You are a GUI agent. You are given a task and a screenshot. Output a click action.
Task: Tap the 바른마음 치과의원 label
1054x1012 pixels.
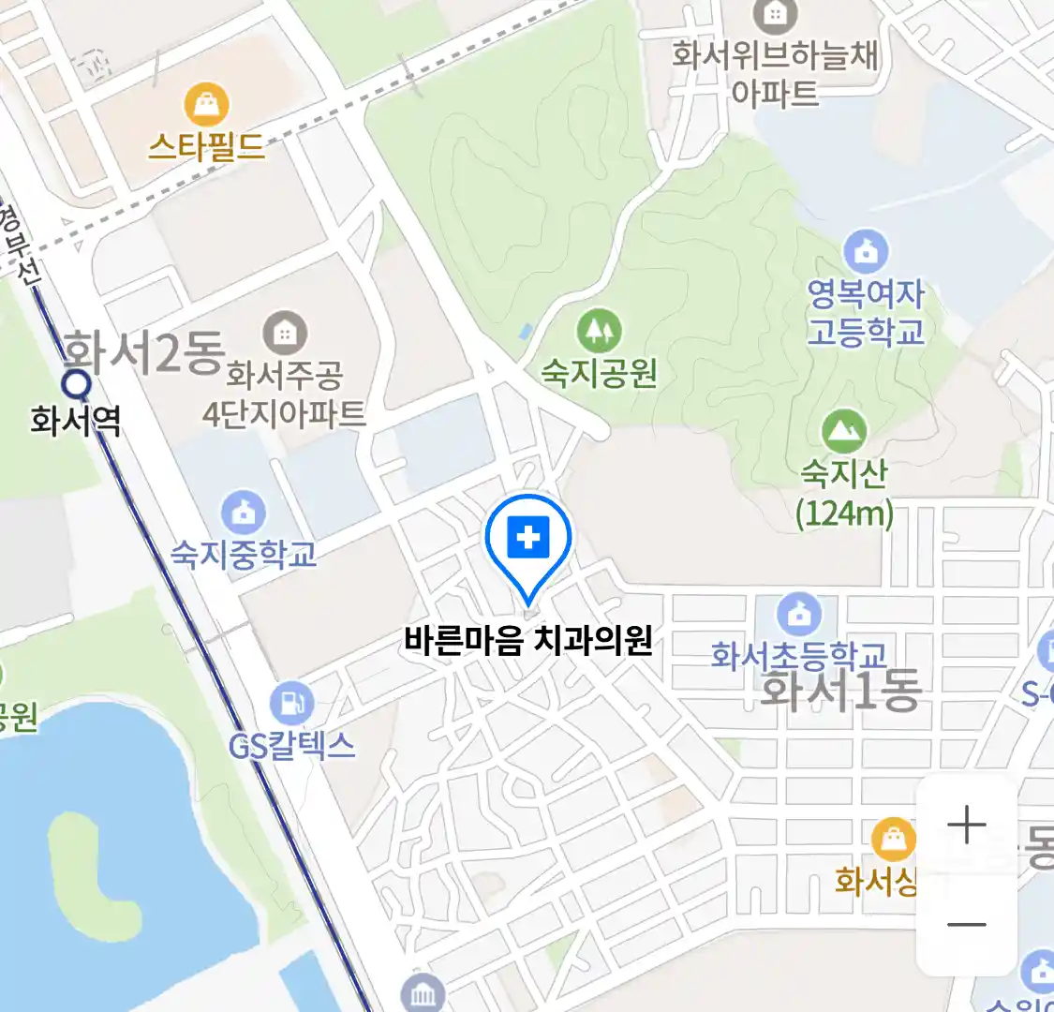tap(528, 641)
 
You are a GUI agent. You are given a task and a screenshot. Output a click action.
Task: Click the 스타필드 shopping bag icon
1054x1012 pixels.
tap(207, 104)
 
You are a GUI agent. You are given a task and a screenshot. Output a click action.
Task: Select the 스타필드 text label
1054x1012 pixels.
tap(207, 147)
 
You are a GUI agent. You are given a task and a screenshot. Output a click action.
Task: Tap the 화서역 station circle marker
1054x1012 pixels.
tap(76, 383)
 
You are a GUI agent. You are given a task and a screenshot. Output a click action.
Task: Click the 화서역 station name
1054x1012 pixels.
tap(75, 420)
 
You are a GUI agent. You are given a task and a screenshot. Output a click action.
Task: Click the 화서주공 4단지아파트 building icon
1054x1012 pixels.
tap(285, 333)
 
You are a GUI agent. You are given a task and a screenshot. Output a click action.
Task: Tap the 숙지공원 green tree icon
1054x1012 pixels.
tap(599, 330)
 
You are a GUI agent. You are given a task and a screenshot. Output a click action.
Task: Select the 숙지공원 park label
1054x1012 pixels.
tap(599, 373)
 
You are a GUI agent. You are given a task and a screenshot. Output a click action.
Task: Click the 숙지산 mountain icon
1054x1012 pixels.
tap(844, 431)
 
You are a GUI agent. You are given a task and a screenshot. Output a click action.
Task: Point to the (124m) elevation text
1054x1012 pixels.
tap(844, 513)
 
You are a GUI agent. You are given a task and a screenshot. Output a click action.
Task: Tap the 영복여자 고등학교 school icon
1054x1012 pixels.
tap(866, 251)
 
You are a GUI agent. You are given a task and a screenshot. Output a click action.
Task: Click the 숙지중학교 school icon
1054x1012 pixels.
tap(244, 512)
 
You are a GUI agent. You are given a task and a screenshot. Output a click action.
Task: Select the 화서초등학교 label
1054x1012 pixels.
tap(798, 654)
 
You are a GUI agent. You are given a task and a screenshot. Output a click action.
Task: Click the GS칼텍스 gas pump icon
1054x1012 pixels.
tap(292, 703)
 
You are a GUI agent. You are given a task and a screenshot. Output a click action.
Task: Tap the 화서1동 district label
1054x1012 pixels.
tap(840, 691)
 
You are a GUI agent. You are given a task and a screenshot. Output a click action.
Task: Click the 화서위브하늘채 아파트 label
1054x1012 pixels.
tap(775, 73)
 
